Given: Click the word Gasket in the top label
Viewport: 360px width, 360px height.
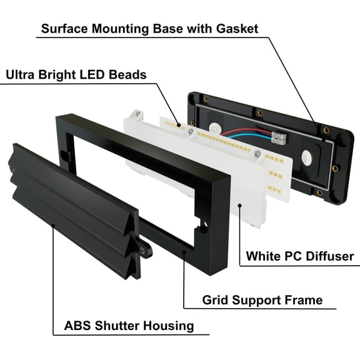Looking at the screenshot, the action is point(237,29).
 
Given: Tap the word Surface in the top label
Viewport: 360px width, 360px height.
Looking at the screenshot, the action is point(64,29).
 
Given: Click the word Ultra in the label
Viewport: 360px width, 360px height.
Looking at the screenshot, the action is point(20,74).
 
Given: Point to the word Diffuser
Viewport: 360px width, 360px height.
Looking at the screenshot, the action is point(330,256).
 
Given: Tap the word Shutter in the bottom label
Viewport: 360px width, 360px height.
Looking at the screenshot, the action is point(117,326).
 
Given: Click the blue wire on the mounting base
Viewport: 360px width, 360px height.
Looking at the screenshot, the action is point(250,136).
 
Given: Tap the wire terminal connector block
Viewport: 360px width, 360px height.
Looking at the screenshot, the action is point(279,137).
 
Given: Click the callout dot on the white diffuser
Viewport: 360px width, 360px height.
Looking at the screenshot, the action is point(240,205).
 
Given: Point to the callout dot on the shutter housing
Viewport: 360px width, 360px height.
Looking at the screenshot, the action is point(53,226).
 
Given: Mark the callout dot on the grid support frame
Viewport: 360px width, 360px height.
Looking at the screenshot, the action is point(184,252).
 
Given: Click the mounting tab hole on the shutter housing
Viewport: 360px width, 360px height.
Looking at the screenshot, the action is point(142,251).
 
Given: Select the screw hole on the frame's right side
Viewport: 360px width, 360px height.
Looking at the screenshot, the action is point(205,224).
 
